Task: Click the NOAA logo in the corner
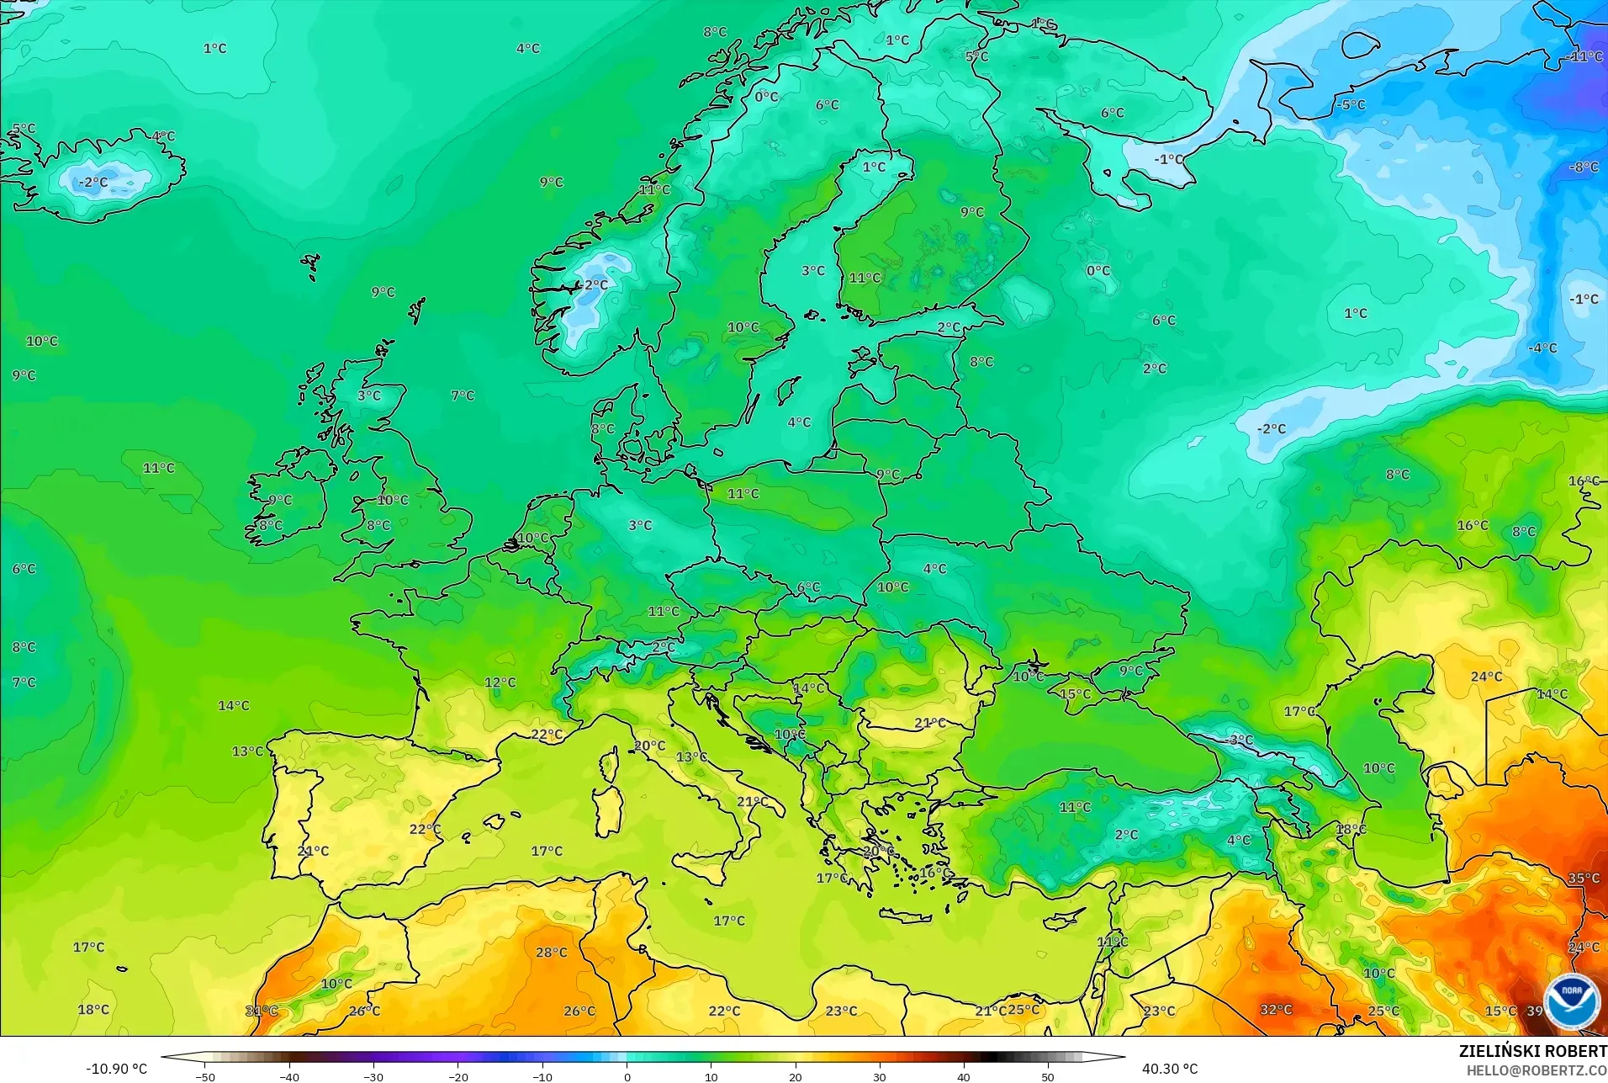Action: (x=1571, y=1001)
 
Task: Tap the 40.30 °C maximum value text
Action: (x=1169, y=1069)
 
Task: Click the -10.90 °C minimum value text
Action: (x=116, y=1069)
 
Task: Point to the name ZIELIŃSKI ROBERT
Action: (x=1532, y=1052)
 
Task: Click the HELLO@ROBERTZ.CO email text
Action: (x=1537, y=1070)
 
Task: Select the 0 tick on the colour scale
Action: (x=627, y=1076)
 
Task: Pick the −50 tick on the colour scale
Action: (x=205, y=1076)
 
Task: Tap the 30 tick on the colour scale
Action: (x=880, y=1076)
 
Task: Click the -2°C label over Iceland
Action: (x=93, y=182)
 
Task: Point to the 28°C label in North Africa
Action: (x=552, y=953)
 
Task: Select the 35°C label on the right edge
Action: (x=1584, y=879)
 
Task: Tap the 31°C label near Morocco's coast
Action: (x=262, y=1011)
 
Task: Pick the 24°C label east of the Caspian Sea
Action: (x=1486, y=677)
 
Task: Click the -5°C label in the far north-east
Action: (x=1351, y=105)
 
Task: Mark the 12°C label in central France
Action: (x=500, y=682)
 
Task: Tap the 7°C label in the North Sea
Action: (x=463, y=396)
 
